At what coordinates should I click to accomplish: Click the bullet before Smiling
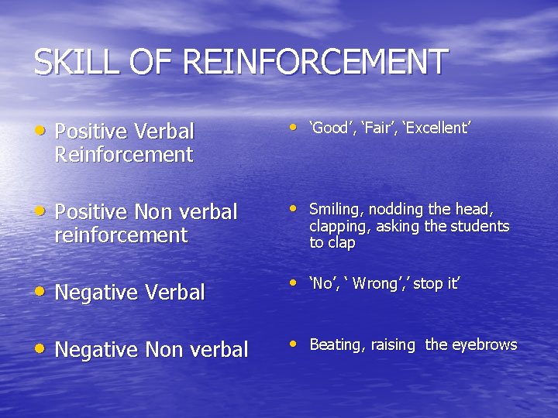point(293,207)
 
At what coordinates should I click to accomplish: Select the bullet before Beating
point(293,343)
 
